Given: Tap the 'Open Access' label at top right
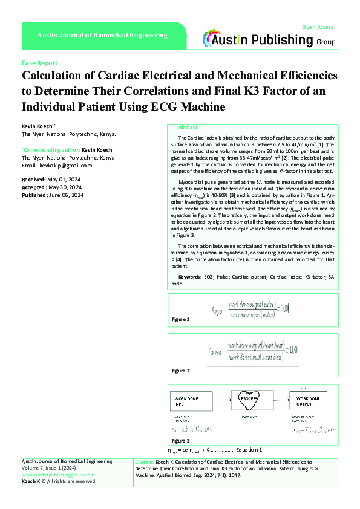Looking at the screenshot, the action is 318,27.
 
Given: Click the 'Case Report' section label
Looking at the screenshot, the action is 39,63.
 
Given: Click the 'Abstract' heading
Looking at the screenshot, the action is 188,128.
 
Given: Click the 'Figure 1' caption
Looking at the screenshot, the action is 181,319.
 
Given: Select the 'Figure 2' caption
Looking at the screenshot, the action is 181,370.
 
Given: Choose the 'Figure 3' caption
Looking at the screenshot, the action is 181,441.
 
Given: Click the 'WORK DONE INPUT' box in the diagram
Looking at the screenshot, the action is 189,402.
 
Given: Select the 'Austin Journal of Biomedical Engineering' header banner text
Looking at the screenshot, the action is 102,36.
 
